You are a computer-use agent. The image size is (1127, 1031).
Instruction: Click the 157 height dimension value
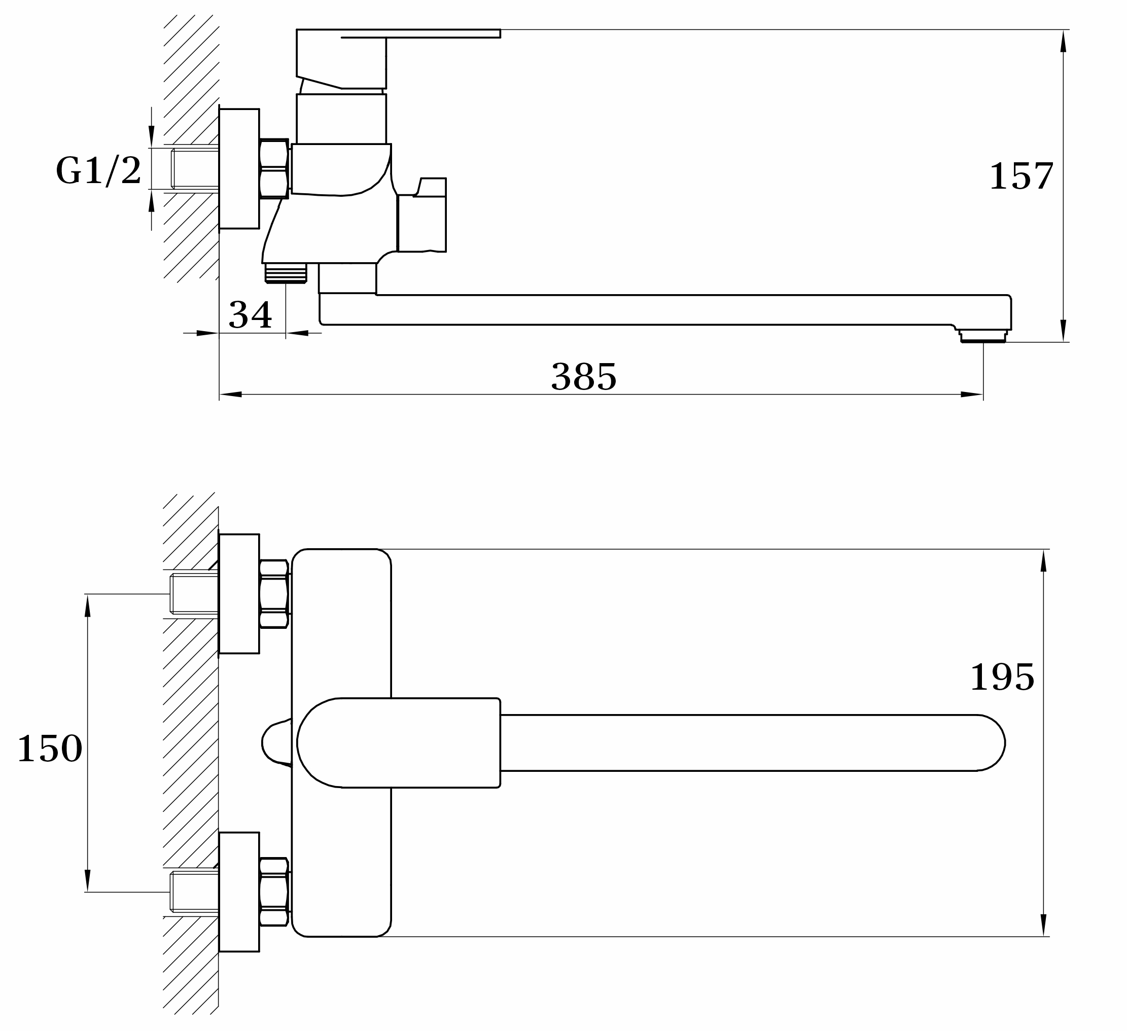pyautogui.click(x=1022, y=176)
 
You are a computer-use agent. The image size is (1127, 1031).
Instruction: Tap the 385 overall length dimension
pyautogui.click(x=584, y=377)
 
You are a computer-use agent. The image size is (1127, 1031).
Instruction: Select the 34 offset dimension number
pyautogui.click(x=250, y=315)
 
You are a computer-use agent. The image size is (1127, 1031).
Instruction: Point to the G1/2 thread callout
pyautogui.click(x=98, y=170)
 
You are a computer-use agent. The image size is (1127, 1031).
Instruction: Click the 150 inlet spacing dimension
pyautogui.click(x=50, y=749)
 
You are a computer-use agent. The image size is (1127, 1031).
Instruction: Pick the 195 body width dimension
pyautogui.click(x=1002, y=678)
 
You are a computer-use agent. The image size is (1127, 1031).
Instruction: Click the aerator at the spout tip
pyautogui.click(x=983, y=336)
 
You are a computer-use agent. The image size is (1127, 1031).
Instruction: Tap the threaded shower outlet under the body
pyautogui.click(x=286, y=273)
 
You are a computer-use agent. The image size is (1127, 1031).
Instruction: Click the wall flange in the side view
pyautogui.click(x=239, y=169)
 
